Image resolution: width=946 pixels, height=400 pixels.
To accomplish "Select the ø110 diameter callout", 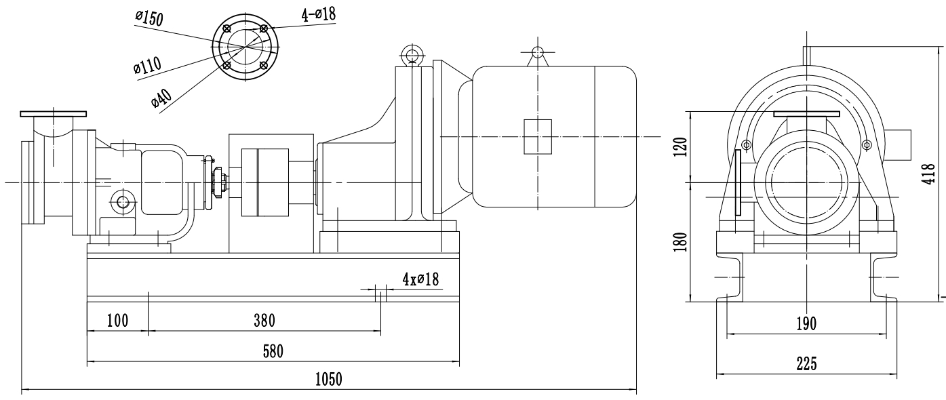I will tap(148, 66).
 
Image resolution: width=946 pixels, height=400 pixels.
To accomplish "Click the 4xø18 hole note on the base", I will tap(421, 279).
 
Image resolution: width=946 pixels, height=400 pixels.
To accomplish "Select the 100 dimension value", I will tap(117, 320).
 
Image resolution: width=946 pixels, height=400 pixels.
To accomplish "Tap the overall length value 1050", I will tap(328, 379).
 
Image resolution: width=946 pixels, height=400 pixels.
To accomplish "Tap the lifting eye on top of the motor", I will tap(537, 52).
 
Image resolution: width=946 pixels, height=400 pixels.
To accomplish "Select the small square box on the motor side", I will tap(537, 136).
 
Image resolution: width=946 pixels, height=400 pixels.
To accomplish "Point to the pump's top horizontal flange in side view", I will tap(54, 113).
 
